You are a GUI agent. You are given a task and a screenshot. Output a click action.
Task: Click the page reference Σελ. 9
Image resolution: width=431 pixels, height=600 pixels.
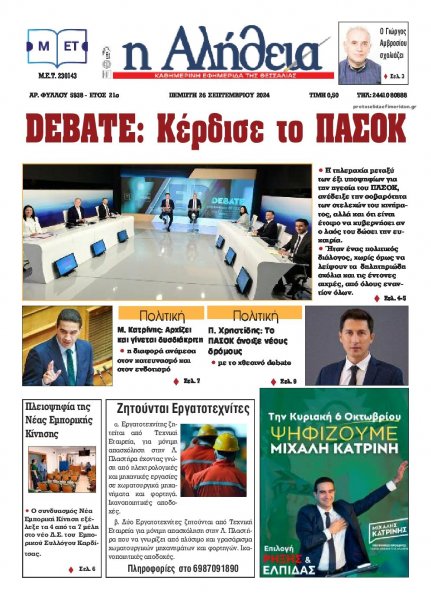283,381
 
